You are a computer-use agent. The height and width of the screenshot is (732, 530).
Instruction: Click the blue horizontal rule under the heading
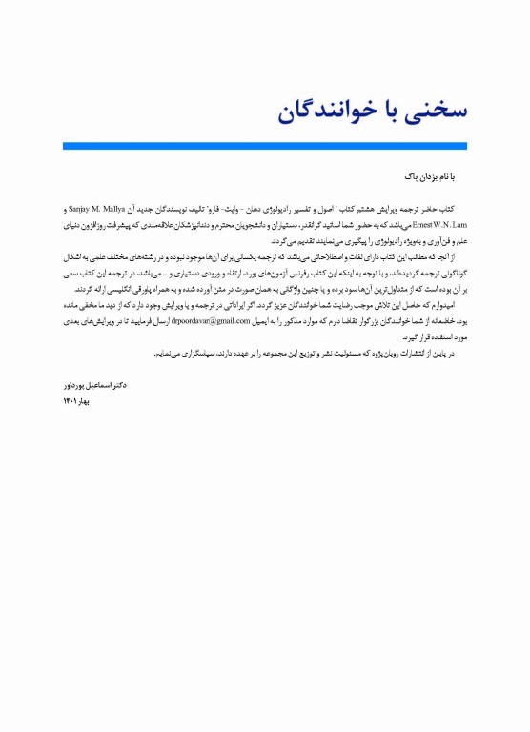[265, 146]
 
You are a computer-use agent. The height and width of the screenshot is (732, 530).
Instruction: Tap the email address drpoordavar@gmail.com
[206, 308]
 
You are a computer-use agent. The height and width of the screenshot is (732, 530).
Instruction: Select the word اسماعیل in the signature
[100, 388]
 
